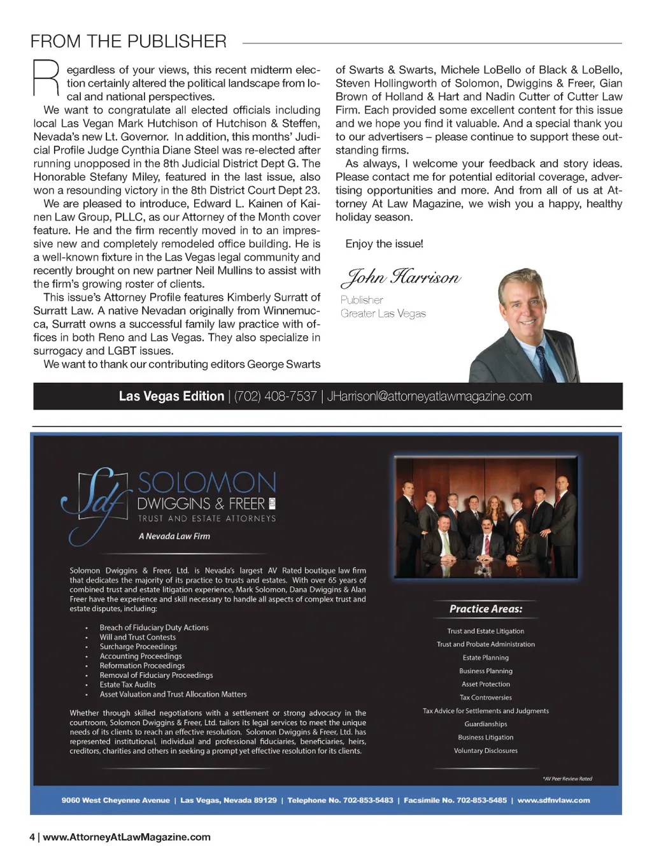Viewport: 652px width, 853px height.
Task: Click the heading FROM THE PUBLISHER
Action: pos(128,42)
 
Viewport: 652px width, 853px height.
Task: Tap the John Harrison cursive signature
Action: pos(400,277)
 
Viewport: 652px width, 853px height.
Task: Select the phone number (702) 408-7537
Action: pos(275,396)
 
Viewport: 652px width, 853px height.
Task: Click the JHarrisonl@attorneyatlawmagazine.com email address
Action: pos(429,396)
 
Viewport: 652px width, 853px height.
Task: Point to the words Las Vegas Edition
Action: pos(171,396)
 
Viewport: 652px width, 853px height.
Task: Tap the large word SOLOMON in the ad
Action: pos(207,484)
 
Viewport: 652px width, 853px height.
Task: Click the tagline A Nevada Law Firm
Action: pos(174,536)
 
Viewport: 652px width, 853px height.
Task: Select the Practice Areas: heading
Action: pos(486,609)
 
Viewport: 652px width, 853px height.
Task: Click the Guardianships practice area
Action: pos(486,724)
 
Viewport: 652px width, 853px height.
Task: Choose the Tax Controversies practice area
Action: pos(486,698)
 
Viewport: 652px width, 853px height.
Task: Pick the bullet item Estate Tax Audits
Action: pos(127,685)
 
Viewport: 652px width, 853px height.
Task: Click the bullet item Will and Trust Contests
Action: pos(138,637)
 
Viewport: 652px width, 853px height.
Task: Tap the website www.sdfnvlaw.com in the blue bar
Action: pos(553,800)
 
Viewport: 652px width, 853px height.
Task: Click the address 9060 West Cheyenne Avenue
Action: pos(115,800)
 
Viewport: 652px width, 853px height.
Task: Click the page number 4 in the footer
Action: pos(32,837)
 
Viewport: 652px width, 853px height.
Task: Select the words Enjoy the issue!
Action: pos(384,244)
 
